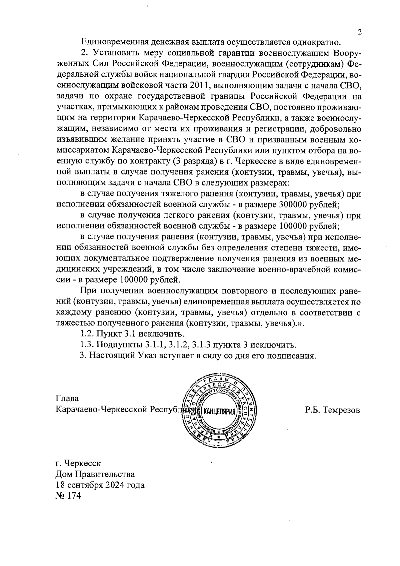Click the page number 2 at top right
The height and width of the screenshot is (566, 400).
(359, 32)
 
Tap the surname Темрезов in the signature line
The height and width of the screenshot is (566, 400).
(342, 410)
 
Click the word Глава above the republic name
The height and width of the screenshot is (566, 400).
(67, 399)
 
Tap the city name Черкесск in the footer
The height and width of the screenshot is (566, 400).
(82, 463)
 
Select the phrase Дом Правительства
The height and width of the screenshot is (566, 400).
(95, 474)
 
